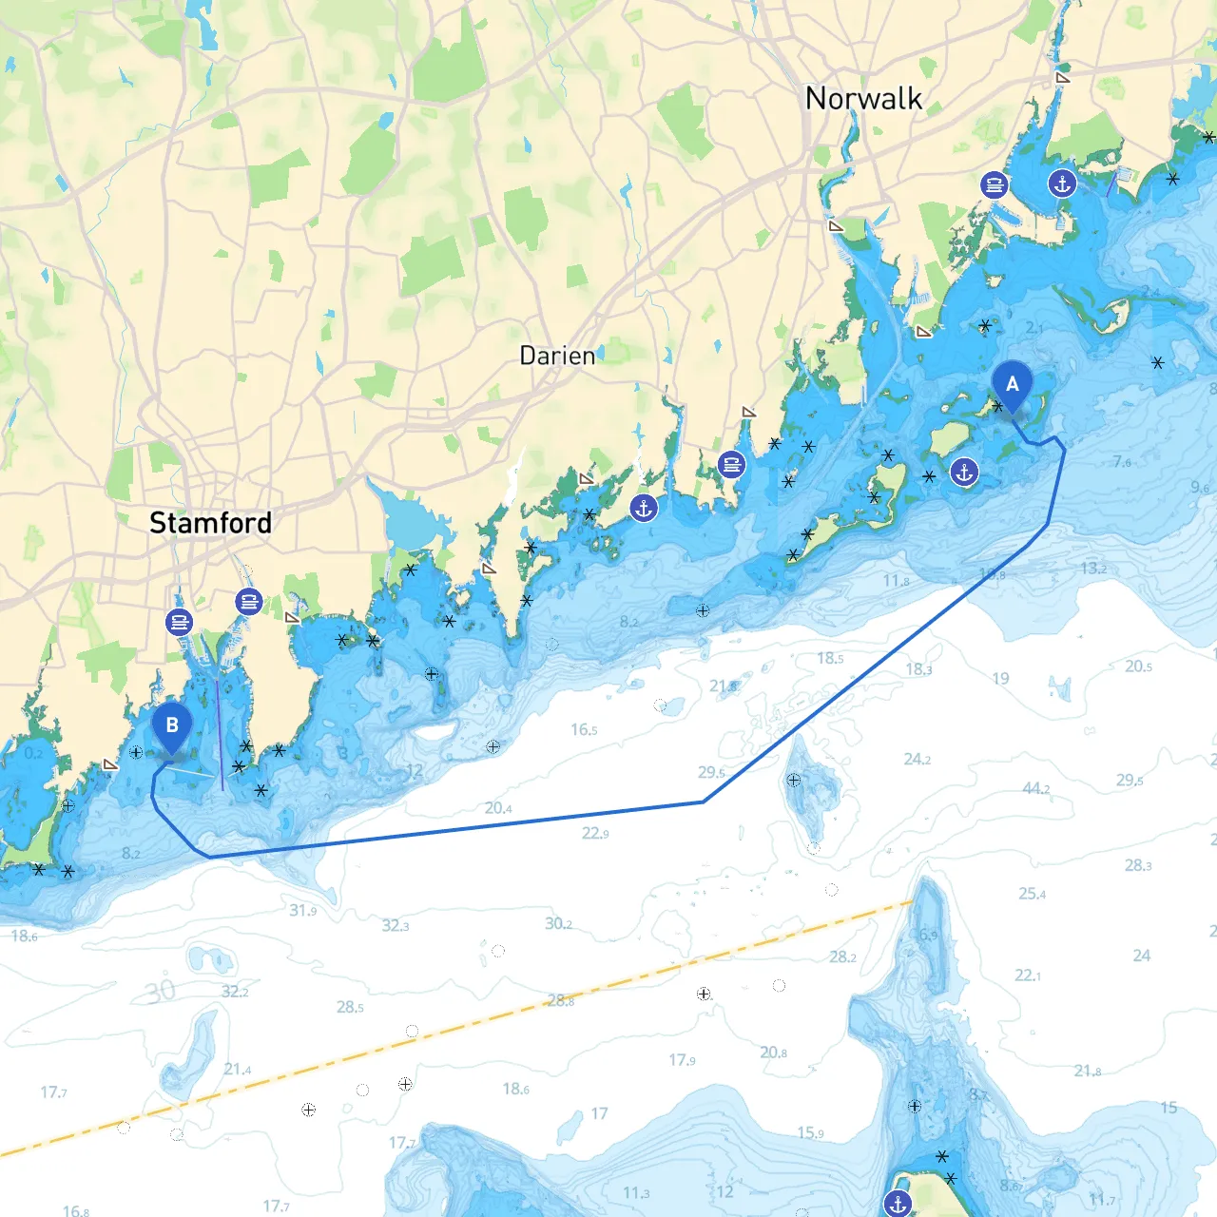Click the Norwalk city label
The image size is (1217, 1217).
[863, 99]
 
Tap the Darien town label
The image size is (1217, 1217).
[557, 357]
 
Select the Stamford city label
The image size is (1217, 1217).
[210, 523]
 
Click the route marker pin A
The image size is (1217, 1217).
[1012, 385]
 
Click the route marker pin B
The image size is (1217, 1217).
[172, 726]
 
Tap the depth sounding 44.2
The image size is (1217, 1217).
[1035, 788]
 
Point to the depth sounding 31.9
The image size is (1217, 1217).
[302, 911]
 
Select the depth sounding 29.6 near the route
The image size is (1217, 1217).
[711, 773]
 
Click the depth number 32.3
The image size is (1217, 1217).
[396, 925]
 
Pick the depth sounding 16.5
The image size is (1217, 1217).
[584, 730]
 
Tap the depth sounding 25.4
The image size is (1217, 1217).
[1032, 894]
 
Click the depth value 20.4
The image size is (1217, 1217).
[498, 808]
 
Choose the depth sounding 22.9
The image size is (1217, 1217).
[595, 834]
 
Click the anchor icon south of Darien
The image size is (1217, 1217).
[644, 508]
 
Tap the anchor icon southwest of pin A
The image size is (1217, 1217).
[964, 472]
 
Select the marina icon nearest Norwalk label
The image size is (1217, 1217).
[994, 184]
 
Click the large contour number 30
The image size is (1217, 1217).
[160, 992]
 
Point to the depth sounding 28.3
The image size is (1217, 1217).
[1138, 865]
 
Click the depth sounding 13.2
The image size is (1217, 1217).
[1093, 569]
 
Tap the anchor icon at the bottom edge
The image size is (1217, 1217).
[898, 1204]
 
